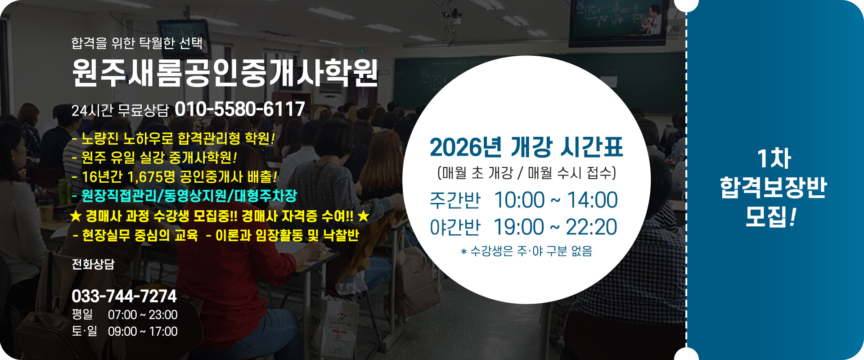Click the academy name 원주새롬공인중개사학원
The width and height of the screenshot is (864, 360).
225,73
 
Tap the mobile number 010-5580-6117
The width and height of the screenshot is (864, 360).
240,109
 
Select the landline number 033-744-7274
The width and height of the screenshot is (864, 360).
124,296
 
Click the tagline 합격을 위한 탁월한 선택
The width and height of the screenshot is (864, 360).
137,43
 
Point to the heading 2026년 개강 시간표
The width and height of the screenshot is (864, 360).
526,147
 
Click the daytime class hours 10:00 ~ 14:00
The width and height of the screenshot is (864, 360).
556,200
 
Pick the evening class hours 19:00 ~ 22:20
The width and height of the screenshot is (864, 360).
555,227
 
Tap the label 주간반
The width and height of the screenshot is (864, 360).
455,200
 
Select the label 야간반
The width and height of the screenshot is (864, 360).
455,227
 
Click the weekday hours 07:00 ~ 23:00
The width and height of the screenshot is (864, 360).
143,315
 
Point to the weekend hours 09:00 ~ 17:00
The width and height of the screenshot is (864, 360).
143,332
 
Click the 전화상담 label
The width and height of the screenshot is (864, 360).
93,264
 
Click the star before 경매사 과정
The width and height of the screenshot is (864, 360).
76,216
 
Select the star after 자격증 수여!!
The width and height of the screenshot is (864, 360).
363,216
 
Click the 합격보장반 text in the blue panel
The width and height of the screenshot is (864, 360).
773,187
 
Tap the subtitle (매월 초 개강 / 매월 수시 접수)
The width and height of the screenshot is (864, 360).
526,173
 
